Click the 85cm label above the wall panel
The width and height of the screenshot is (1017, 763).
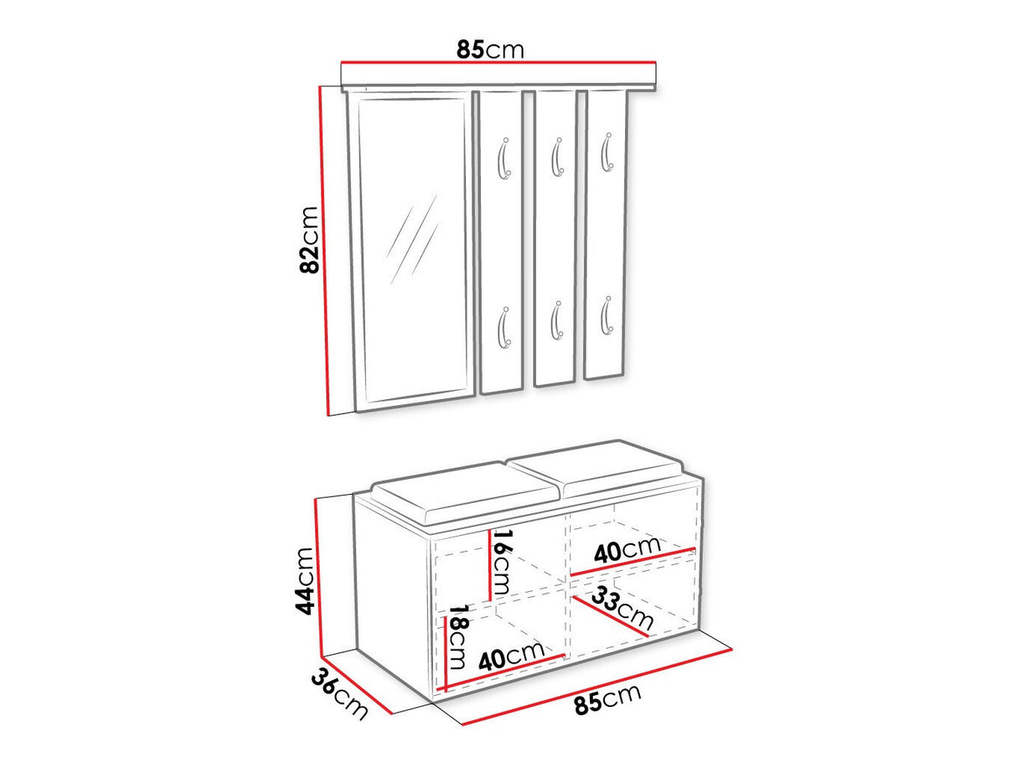click(x=490, y=49)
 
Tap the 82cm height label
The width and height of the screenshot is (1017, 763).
click(x=309, y=240)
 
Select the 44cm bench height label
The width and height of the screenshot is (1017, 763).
click(x=304, y=581)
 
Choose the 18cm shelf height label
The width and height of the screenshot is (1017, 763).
click(x=457, y=636)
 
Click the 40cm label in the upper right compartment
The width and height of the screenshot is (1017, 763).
click(x=627, y=550)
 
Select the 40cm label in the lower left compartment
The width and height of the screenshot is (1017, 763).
click(x=512, y=656)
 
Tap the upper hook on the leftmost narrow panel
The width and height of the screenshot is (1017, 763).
click(x=503, y=158)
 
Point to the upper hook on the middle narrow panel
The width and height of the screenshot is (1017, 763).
click(x=557, y=157)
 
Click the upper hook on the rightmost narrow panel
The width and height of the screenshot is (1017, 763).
click(x=607, y=153)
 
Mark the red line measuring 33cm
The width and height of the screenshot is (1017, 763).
click(x=610, y=617)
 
